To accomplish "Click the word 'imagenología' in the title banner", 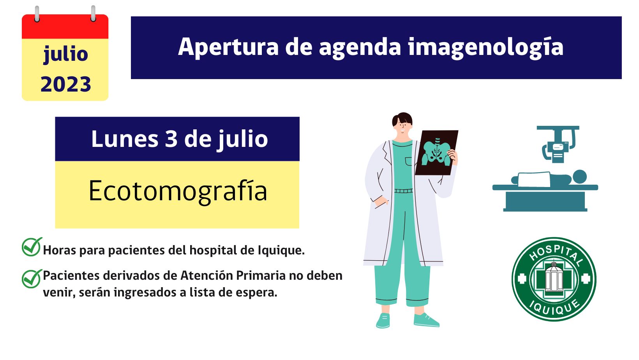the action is (x=485, y=48).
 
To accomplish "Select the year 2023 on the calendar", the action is (x=65, y=85).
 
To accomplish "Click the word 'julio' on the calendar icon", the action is (x=65, y=54).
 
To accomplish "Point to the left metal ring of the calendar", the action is (x=37, y=13).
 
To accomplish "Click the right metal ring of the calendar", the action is (x=93, y=13).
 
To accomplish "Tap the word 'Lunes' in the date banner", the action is (x=125, y=139).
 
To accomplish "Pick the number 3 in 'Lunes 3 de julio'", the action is (x=171, y=139).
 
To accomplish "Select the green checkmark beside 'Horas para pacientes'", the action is (x=32, y=247).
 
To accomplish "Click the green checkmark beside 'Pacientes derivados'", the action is (x=32, y=279).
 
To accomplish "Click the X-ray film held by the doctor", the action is (x=436, y=153).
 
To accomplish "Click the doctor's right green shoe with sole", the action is (x=426, y=320).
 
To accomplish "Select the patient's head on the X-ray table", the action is (x=580, y=177).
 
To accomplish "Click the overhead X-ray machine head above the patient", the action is (x=558, y=144).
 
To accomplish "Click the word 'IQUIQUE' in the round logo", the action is (x=554, y=307).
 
